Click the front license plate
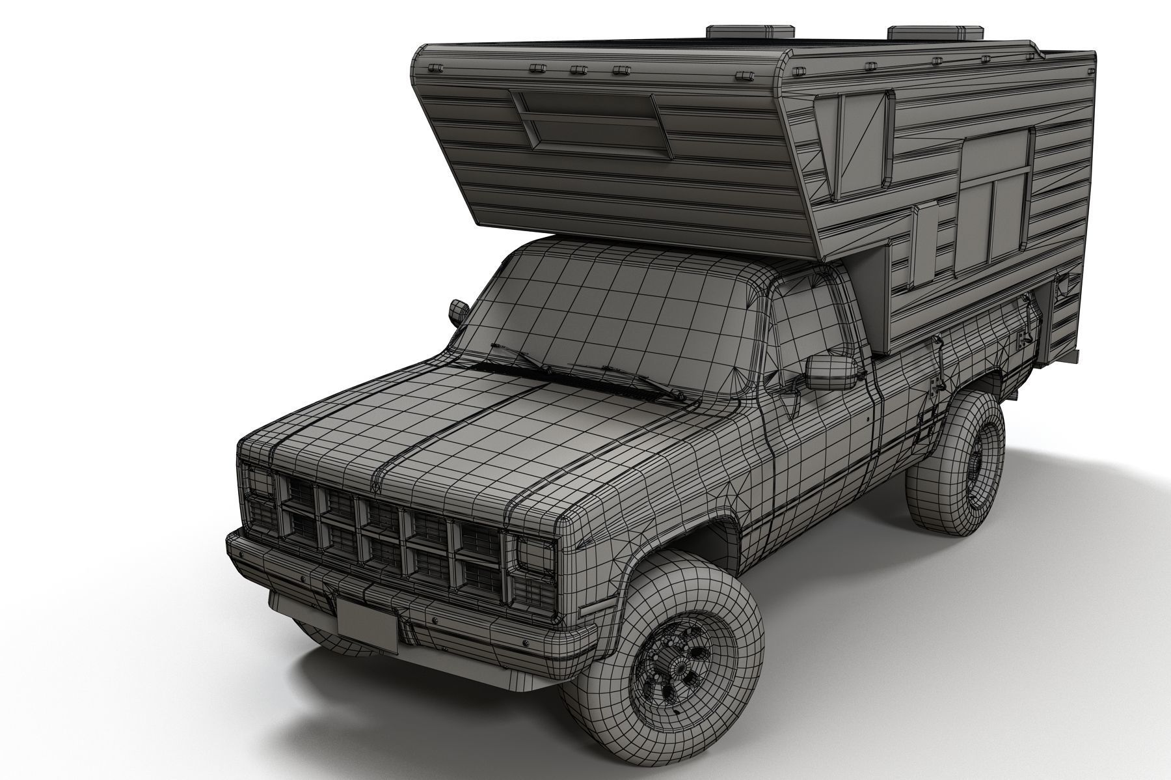pyautogui.click(x=368, y=624)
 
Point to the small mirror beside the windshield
pyautogui.click(x=459, y=311)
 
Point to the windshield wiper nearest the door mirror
pyautogui.click(x=644, y=384)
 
